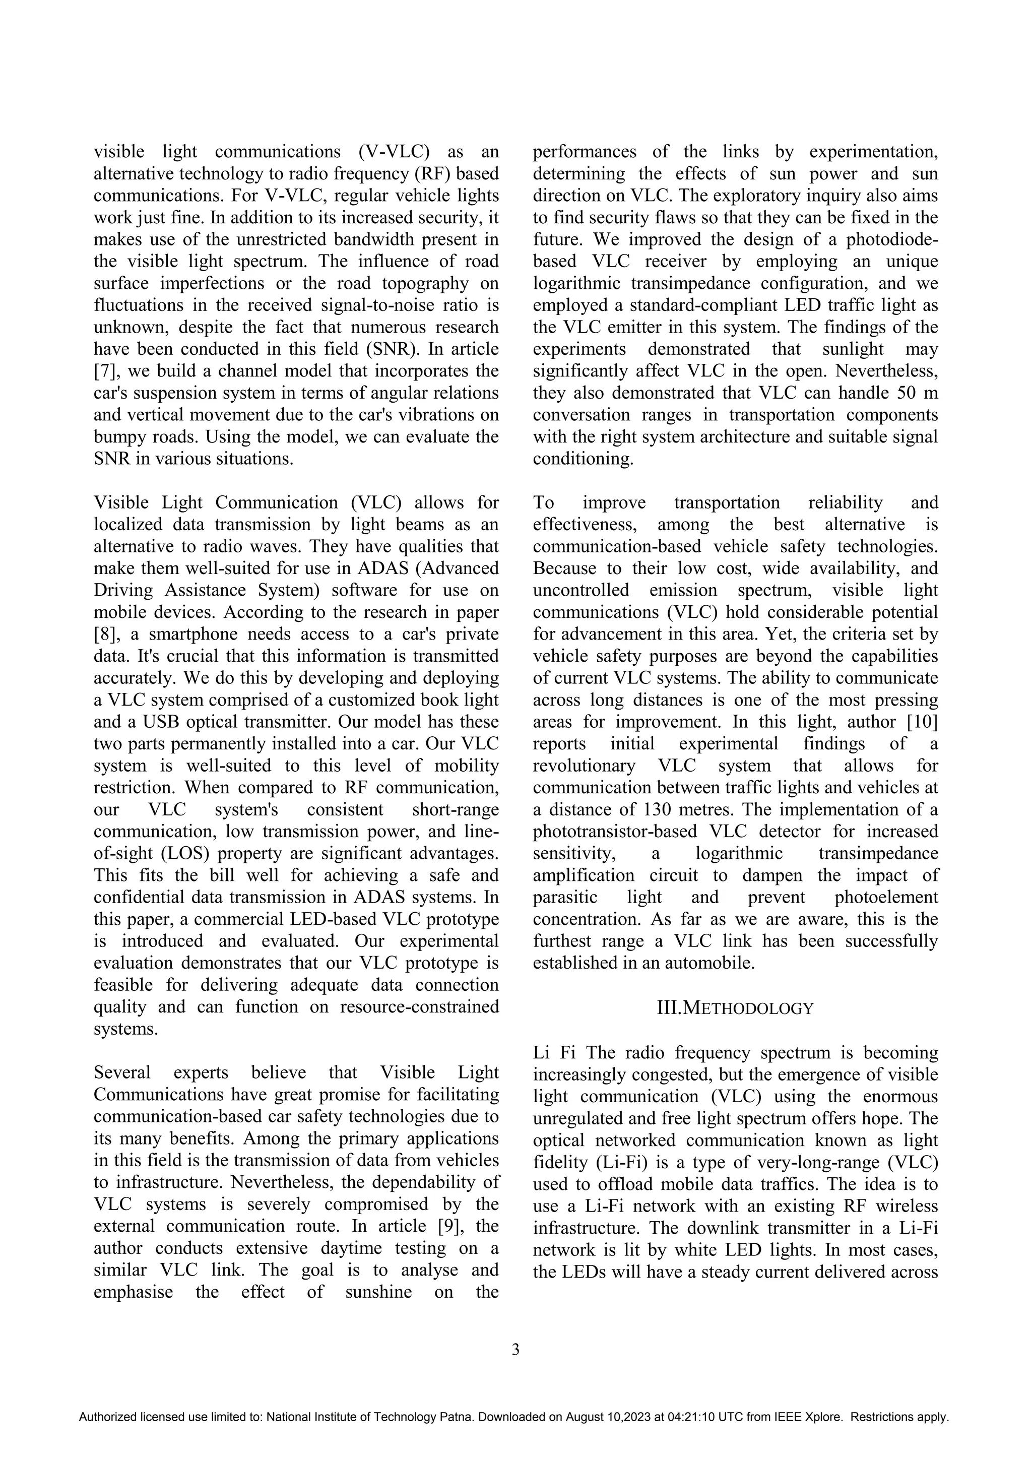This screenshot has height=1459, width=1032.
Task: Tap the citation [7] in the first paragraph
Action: [104, 371]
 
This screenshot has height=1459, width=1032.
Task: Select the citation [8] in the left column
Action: [104, 634]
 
